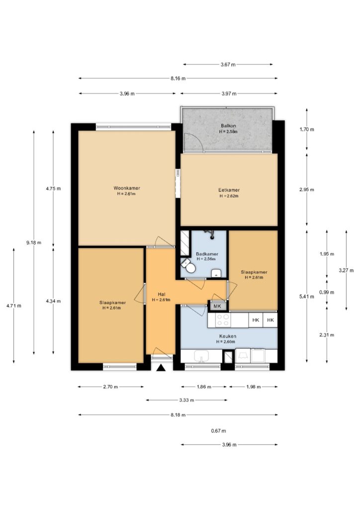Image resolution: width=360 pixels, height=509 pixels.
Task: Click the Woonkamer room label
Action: tap(127, 188)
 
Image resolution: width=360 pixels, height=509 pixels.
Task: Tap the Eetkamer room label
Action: tap(229, 190)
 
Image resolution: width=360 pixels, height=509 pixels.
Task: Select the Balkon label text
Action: tap(228, 126)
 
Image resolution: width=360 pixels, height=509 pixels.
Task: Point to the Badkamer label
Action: tap(207, 254)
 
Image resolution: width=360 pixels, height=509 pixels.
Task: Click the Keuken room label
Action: tap(228, 337)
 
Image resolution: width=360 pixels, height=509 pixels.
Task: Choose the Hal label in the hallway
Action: tap(161, 294)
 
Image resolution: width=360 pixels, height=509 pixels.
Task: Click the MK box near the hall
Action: tap(217, 306)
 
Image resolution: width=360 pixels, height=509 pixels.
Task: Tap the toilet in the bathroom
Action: tap(188, 266)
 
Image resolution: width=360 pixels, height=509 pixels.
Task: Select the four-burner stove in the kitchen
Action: tap(223, 320)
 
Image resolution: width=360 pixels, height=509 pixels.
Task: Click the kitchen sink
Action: tap(202, 356)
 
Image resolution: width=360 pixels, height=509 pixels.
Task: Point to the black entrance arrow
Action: tap(161, 367)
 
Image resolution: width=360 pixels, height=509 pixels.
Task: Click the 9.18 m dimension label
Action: tap(34, 243)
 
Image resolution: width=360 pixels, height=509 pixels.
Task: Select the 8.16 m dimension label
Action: tap(178, 78)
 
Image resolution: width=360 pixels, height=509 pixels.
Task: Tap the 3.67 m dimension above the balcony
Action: tap(228, 65)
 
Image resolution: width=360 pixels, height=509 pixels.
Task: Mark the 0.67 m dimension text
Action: tap(218, 431)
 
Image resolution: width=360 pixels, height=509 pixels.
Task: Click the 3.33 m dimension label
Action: tap(186, 400)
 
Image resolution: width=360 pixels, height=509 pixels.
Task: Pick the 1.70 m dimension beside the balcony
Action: tap(307, 129)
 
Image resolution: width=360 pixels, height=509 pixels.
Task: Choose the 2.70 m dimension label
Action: tap(111, 387)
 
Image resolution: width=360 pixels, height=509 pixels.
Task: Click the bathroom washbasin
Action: tap(216, 273)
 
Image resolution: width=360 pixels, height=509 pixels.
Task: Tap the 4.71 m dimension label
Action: tap(13, 306)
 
